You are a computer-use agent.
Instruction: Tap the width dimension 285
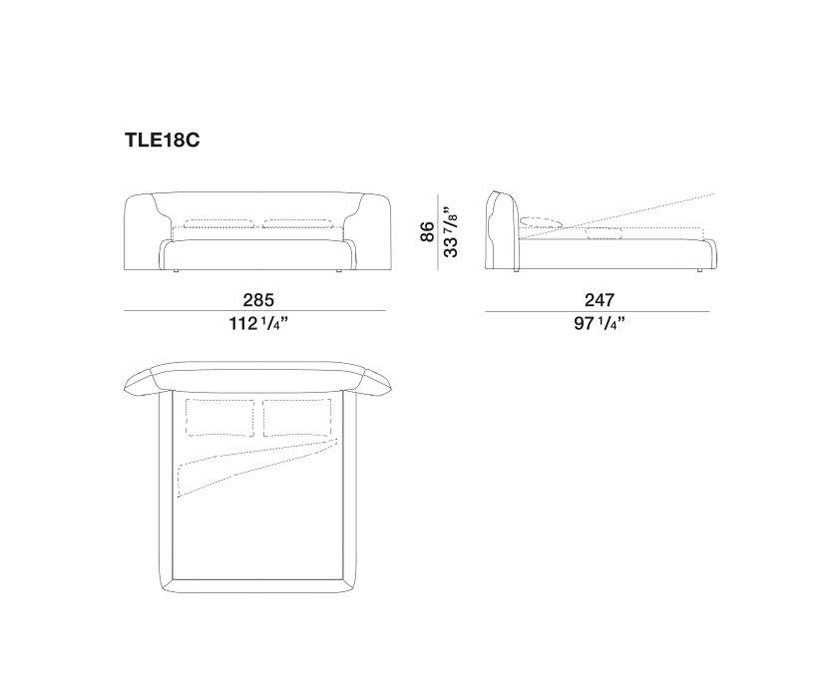[255, 299]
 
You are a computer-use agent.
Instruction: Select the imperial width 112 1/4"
[255, 324]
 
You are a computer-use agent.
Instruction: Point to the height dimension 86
[428, 232]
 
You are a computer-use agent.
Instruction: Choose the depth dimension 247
[600, 299]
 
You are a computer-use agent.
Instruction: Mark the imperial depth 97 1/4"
[600, 324]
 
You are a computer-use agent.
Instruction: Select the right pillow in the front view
[296, 222]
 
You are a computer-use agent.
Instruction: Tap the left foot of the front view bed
[176, 269]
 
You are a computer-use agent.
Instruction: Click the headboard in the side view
[501, 229]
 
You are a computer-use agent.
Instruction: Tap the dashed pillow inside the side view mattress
[604, 233]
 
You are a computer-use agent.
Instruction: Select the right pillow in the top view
[296, 419]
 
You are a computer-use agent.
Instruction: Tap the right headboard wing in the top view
[375, 383]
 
